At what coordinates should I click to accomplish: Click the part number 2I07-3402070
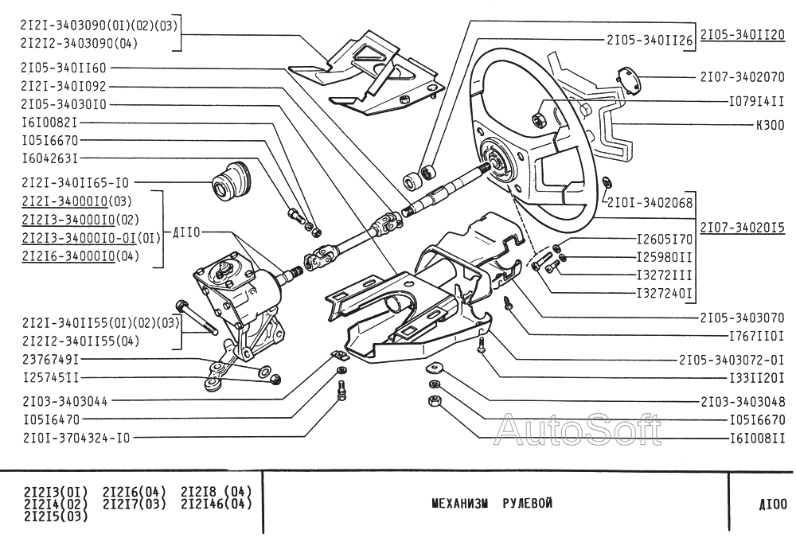pyautogui.click(x=743, y=78)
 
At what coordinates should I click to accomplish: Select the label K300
pyautogui.click(x=770, y=126)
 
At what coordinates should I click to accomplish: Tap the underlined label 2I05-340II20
pyautogui.click(x=743, y=36)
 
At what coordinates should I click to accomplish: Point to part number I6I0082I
pyautogui.click(x=49, y=123)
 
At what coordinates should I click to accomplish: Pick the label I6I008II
pyautogui.click(x=757, y=438)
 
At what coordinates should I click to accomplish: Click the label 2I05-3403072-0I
pyautogui.click(x=732, y=359)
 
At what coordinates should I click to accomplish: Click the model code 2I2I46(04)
pyautogui.click(x=217, y=503)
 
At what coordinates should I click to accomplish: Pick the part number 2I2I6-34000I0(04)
pyautogui.click(x=82, y=255)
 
